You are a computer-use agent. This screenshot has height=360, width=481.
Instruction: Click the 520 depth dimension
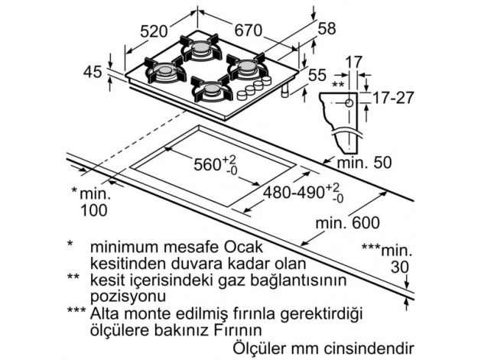[154, 31]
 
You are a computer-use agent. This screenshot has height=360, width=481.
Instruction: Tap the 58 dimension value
[327, 29]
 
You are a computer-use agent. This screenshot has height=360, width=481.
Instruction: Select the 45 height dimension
[93, 72]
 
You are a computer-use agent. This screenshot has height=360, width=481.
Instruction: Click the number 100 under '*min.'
[94, 209]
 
